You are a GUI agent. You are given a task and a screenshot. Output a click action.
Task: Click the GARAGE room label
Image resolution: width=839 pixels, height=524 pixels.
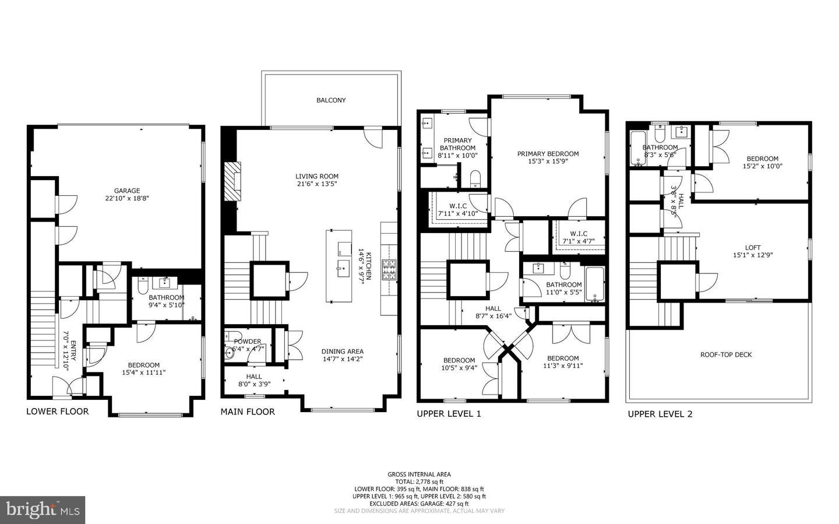coord(126,191)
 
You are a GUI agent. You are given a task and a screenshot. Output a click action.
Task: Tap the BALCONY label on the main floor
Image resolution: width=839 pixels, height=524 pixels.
coord(331,100)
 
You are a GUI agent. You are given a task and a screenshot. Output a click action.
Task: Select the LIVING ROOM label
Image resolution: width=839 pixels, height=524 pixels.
coord(316,176)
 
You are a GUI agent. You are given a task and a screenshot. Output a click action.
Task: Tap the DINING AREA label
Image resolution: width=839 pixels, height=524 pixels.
coord(343,351)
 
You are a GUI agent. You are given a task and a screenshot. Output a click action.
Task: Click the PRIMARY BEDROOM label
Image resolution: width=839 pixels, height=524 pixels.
coord(548,154)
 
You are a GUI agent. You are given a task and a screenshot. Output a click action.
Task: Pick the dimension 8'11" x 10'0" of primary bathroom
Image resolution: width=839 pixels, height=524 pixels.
coord(457,156)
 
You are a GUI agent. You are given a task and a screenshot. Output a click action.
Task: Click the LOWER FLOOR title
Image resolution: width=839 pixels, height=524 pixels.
coord(58,412)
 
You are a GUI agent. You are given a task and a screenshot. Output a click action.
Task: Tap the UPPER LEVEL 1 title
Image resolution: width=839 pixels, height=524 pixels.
coord(449,414)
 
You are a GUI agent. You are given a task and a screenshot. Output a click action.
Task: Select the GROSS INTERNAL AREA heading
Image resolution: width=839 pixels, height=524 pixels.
coord(419,474)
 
